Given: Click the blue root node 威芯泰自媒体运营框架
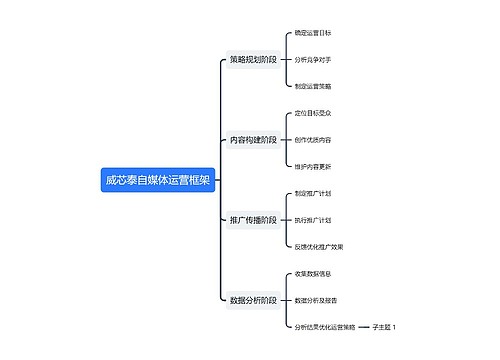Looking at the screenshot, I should point(158,180).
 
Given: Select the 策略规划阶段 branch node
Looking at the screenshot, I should point(253,60).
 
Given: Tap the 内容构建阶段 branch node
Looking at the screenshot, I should point(253,140).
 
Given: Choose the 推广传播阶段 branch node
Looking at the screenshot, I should point(253,219).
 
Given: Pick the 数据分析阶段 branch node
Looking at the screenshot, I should point(253,299).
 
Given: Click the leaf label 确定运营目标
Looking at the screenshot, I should point(313,33).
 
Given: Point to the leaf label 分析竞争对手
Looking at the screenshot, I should point(313,60).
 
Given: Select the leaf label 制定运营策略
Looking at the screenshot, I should point(313,86).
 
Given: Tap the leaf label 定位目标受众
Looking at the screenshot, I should point(313,113).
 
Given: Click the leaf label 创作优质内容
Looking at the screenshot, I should point(313,140).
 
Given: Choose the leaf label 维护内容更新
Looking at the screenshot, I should point(313,166).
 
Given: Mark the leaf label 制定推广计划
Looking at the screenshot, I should point(313,193).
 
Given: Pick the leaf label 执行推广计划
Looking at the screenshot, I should point(313,219).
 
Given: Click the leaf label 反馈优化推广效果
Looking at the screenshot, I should point(319,246).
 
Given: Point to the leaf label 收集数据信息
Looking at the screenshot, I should point(313,273).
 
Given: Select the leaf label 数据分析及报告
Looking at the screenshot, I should point(316,299).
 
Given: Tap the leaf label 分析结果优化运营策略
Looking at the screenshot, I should point(325,326).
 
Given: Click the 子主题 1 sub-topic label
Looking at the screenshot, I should point(384,326).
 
